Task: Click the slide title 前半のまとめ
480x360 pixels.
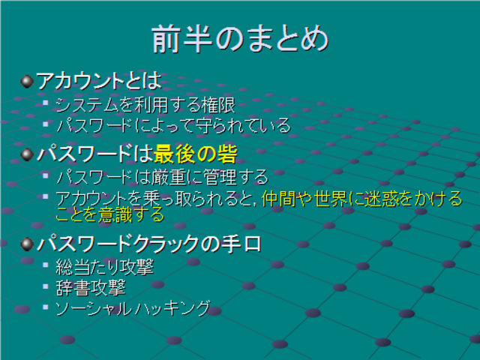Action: coord(240,39)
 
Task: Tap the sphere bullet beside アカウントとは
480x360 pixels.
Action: coord(27,82)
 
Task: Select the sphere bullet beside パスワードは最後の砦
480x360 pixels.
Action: coord(27,154)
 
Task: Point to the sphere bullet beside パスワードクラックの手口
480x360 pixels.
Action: coord(27,244)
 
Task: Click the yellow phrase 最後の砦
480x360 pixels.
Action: coord(195,154)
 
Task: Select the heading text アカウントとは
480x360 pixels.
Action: coord(99,81)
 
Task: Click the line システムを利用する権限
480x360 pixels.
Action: coord(145,105)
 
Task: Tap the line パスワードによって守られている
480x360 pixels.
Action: coord(173,125)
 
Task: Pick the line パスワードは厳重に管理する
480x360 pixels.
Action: coord(162,177)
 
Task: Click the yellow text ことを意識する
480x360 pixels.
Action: coord(110,214)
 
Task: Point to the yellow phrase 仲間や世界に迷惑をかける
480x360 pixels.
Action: coord(362,199)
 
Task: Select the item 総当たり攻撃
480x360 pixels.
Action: coord(105,267)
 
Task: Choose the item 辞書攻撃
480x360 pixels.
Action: coord(91,288)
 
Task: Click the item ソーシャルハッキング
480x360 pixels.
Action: coord(133,308)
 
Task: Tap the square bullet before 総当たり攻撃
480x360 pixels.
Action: coord(46,265)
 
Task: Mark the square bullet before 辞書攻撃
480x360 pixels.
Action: coord(46,286)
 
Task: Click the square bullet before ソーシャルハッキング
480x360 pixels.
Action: coord(46,307)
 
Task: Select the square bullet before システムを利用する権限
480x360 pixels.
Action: coord(46,103)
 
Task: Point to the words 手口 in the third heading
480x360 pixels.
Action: coord(242,244)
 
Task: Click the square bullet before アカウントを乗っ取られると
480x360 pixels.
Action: coord(46,196)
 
